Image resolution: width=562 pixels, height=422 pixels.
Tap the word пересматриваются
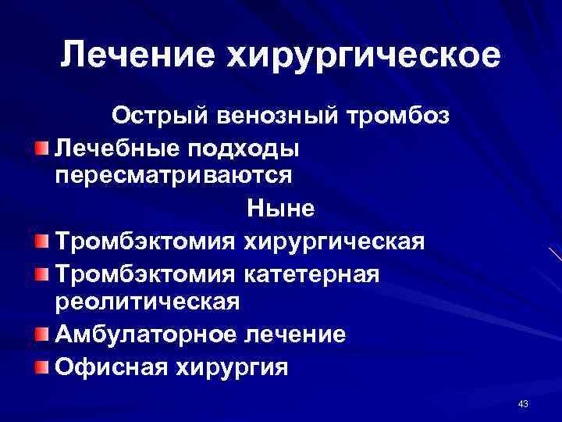click(x=174, y=175)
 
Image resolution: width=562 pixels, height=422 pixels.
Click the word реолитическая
click(x=148, y=301)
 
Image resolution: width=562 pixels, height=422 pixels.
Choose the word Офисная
click(x=107, y=367)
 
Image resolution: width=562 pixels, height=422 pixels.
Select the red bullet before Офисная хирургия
click(x=41, y=366)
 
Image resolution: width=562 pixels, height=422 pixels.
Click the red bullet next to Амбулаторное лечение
click(x=41, y=334)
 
